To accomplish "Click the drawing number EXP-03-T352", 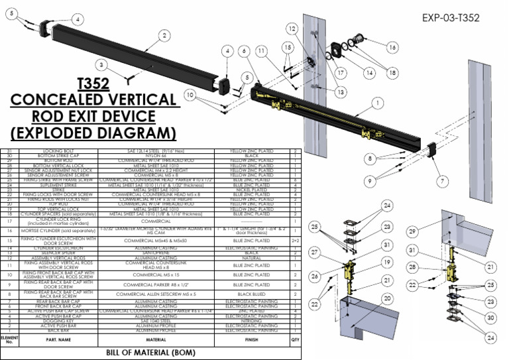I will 450,18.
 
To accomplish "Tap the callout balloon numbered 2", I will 164,35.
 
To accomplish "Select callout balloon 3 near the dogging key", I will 101,65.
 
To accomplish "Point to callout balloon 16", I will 392,47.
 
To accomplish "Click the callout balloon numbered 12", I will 292,29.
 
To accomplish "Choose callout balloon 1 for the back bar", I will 377,103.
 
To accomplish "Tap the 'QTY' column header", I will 295,340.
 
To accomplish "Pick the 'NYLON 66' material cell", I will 156,156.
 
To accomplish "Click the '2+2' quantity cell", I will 295,259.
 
